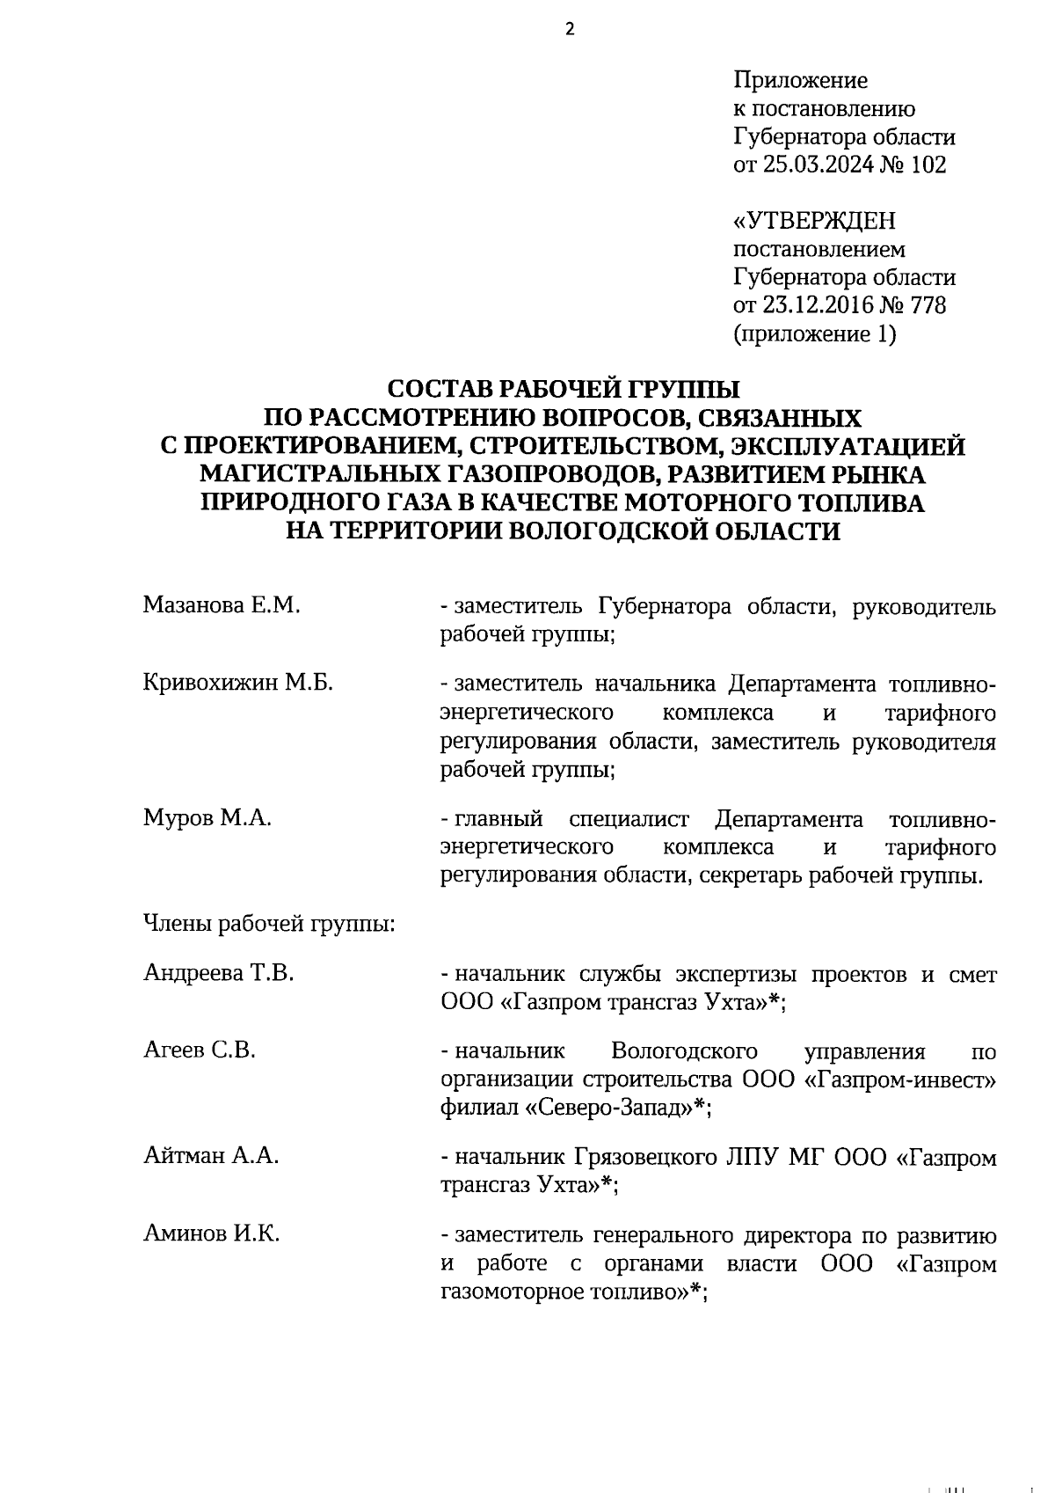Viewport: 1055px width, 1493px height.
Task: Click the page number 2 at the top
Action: (x=569, y=30)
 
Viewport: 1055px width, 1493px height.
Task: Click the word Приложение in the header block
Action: (x=800, y=81)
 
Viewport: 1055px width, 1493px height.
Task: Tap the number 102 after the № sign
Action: (x=928, y=165)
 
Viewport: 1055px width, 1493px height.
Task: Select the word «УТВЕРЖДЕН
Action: (x=814, y=222)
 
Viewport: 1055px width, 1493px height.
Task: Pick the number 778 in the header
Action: (x=928, y=306)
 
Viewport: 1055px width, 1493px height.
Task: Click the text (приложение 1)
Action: (x=814, y=334)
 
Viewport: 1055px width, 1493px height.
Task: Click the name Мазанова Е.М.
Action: (x=222, y=606)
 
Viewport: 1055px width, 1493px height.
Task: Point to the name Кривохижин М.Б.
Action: (x=237, y=684)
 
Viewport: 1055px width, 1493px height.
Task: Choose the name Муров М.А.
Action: (x=207, y=818)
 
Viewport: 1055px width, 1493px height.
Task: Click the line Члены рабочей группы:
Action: (x=268, y=925)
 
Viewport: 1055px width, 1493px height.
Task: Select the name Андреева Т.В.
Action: (x=218, y=974)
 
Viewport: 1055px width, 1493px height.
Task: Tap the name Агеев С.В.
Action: (x=199, y=1050)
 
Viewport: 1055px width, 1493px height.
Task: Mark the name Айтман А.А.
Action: (x=211, y=1156)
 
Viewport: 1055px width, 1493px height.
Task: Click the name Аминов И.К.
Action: (x=211, y=1234)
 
